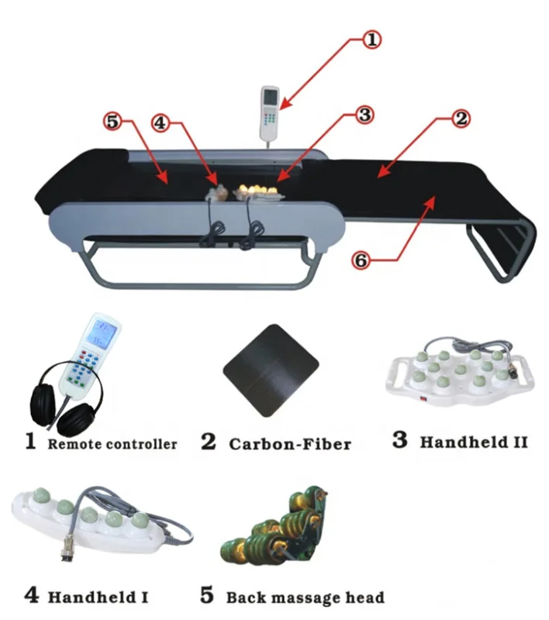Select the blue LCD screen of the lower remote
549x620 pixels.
tap(102, 334)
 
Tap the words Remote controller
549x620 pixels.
tap(112, 444)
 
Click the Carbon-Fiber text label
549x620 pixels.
tap(289, 444)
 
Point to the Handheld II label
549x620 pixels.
tap(472, 442)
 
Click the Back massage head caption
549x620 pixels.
tap(305, 598)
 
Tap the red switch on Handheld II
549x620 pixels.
tap(425, 401)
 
